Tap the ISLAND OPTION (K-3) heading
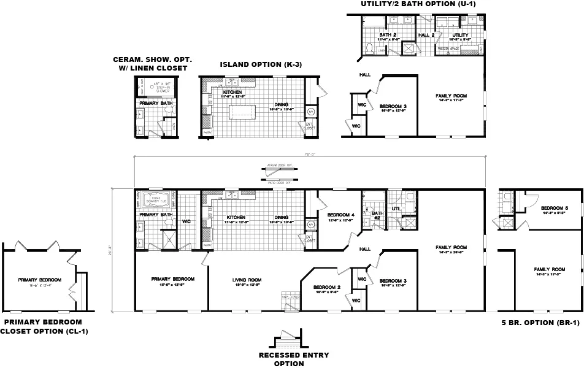pyautogui.click(x=261, y=64)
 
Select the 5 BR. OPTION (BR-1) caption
pyautogui.click(x=540, y=323)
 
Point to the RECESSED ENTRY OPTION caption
pyautogui.click(x=293, y=359)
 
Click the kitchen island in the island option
pyautogui.click(x=242, y=112)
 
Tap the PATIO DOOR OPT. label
pyautogui.click(x=279, y=182)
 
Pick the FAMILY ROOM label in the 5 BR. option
pyautogui.click(x=549, y=269)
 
